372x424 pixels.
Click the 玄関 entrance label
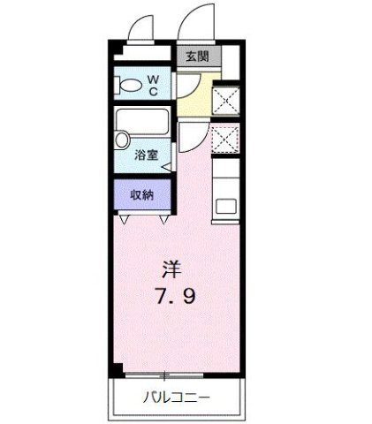(x=196, y=57)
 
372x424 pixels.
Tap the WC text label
(x=152, y=86)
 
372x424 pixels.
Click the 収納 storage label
(x=142, y=194)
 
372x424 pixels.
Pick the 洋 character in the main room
(x=171, y=267)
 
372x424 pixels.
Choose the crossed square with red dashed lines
(x=225, y=139)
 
